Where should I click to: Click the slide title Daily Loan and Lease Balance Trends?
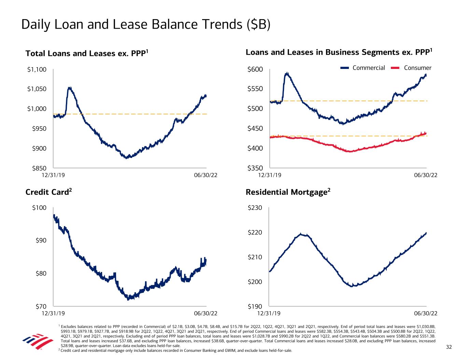click(x=146, y=25)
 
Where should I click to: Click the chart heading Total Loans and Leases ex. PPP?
click(x=87, y=53)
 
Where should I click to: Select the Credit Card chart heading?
click(x=49, y=192)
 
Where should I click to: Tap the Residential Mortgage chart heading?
click(x=288, y=192)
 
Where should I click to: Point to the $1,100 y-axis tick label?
click(x=37, y=70)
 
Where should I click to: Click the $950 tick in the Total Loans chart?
click(x=39, y=129)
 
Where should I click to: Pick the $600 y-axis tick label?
click(x=256, y=70)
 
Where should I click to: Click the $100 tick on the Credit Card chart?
click(x=40, y=208)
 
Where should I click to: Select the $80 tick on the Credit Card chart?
click(x=41, y=273)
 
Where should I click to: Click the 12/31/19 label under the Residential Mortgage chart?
click(x=269, y=313)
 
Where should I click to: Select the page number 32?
click(x=449, y=347)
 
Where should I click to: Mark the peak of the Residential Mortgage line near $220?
click(x=301, y=234)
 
